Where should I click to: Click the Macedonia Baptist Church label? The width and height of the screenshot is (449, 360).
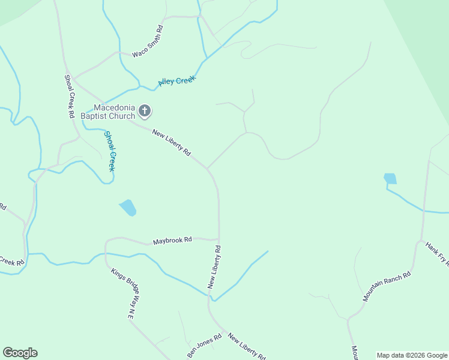click(109, 112)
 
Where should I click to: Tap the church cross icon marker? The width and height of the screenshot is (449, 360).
click(145, 110)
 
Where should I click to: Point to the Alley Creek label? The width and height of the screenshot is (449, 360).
click(177, 81)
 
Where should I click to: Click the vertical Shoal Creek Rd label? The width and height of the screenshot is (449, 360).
click(69, 96)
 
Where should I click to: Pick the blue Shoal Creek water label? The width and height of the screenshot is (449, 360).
click(109, 151)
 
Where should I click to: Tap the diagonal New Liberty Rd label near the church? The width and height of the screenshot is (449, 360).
click(171, 143)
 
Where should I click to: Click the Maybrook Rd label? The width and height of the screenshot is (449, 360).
click(172, 239)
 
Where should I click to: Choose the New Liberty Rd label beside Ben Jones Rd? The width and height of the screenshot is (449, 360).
click(247, 346)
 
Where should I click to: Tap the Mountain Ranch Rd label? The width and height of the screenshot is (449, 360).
click(387, 286)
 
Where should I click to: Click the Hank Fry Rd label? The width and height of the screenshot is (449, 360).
click(437, 253)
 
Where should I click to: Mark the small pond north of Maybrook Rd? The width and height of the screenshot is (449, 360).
click(128, 208)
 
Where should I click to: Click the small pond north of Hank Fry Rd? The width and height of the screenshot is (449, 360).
click(390, 179)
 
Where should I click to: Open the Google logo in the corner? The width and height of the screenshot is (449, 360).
click(20, 353)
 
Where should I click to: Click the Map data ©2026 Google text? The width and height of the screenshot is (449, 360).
click(412, 355)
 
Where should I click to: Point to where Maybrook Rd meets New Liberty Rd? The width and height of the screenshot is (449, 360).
click(218, 239)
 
